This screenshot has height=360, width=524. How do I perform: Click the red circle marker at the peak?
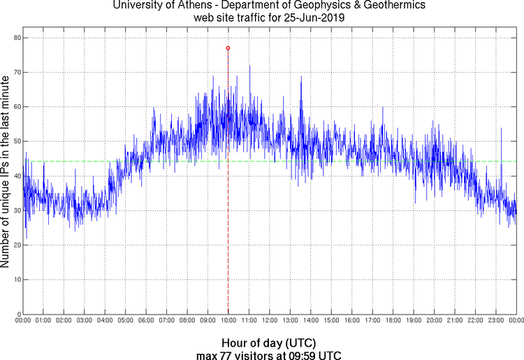tap(228, 48)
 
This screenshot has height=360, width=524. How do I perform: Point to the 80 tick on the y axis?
tap(15, 38)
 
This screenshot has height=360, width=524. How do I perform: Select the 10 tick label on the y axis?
tap(15, 280)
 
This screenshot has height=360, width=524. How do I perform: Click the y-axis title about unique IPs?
tap(6, 174)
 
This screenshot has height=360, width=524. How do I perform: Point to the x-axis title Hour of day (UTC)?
tap(268, 343)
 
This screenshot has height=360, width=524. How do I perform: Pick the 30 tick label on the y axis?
tap(15, 210)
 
